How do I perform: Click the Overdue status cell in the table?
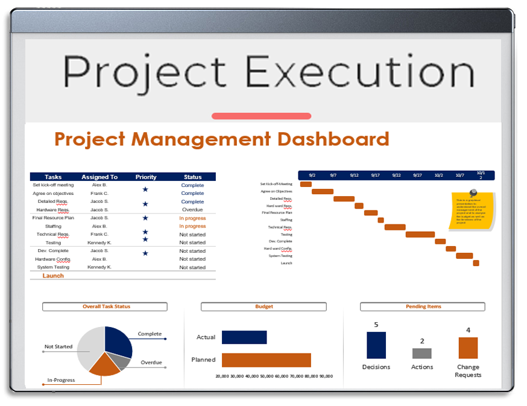pyautogui.click(x=192, y=210)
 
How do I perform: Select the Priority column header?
pyautogui.click(x=146, y=177)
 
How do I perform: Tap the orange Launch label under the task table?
pyautogui.click(x=53, y=276)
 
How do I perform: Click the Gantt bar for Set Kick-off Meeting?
pyautogui.click(x=306, y=184)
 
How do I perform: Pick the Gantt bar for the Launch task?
pyautogui.click(x=476, y=263)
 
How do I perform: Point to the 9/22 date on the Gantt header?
pyautogui.click(x=396, y=175)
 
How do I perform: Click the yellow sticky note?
pyautogui.click(x=472, y=211)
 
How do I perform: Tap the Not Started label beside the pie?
pyautogui.click(x=58, y=347)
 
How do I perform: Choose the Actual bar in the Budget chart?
pyautogui.click(x=244, y=337)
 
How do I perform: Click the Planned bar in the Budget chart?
pyautogui.click(x=266, y=360)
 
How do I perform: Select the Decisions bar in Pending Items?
pyautogui.click(x=376, y=346)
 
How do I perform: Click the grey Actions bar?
pyautogui.click(x=421, y=354)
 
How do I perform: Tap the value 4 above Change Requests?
pyautogui.click(x=468, y=330)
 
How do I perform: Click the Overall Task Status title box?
pyautogui.click(x=105, y=306)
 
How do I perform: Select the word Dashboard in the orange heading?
pyautogui.click(x=333, y=139)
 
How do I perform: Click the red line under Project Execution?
pyautogui.click(x=261, y=116)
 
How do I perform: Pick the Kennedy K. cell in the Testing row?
pyautogui.click(x=99, y=243)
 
